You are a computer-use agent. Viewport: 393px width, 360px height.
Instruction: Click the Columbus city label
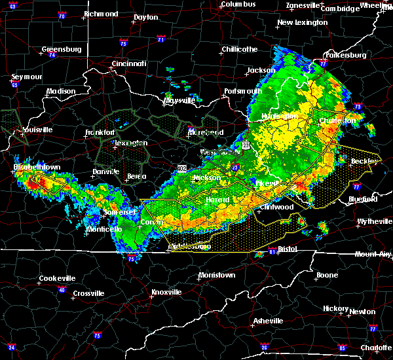click(x=237, y=4)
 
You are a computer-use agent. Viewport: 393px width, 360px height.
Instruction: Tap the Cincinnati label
click(x=128, y=63)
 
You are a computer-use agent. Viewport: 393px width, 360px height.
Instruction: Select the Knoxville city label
click(x=166, y=291)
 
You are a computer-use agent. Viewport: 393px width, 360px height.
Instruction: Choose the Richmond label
click(x=101, y=14)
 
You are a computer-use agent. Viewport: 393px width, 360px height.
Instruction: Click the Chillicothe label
click(x=239, y=49)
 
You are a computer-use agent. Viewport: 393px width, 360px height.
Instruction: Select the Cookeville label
click(x=57, y=278)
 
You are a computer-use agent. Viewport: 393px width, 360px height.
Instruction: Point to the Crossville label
click(x=89, y=293)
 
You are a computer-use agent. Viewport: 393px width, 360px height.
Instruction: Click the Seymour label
click(x=26, y=77)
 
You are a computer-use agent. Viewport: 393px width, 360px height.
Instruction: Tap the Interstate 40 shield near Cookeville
click(x=62, y=289)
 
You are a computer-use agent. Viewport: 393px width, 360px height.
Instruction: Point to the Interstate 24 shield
click(x=11, y=346)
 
